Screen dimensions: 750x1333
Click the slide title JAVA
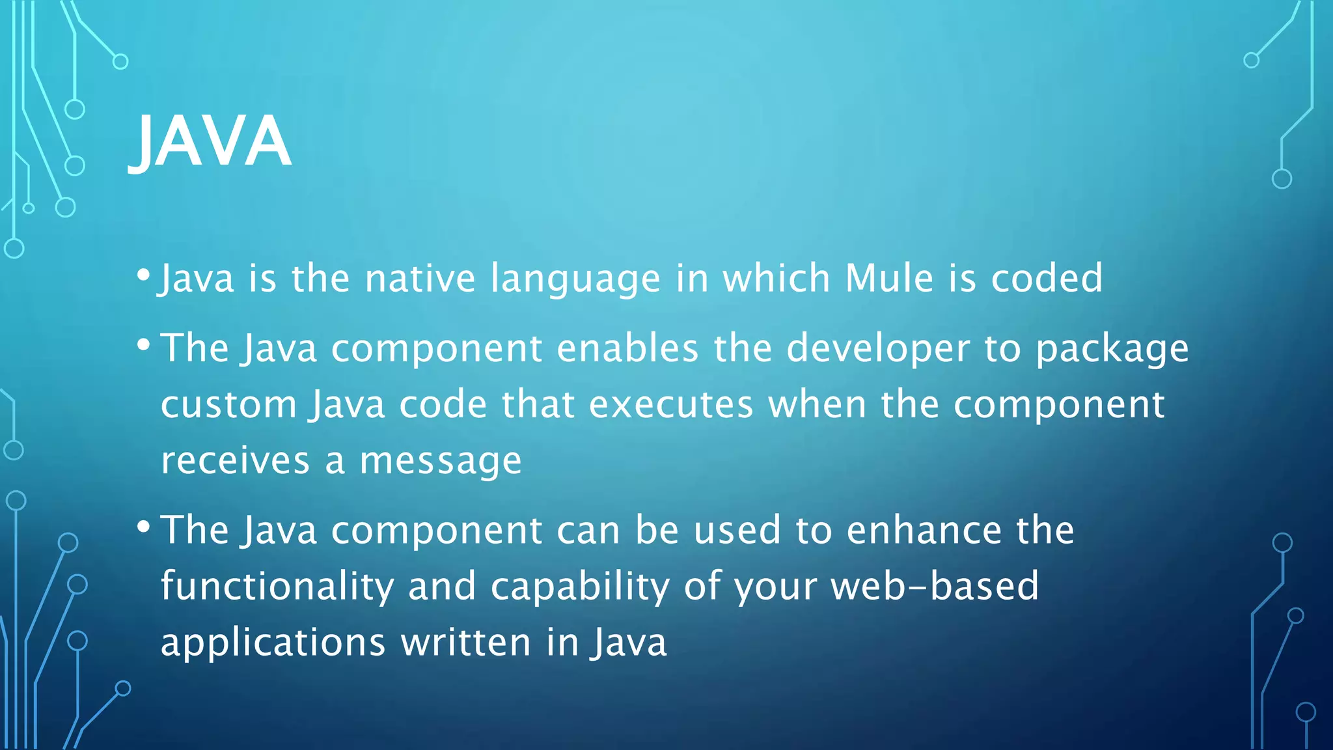210,141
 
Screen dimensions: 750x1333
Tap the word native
420,279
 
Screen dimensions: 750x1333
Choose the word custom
228,405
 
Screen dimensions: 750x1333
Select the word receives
235,461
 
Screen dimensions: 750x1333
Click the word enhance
924,530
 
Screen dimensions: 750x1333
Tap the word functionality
277,587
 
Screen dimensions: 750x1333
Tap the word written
466,643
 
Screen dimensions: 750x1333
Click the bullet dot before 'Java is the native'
144,273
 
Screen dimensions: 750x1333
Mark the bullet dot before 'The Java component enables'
144,343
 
